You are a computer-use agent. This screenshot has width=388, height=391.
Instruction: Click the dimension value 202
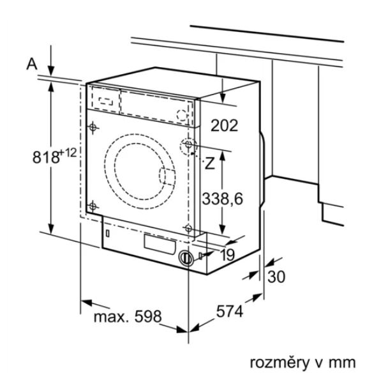[x=225, y=125]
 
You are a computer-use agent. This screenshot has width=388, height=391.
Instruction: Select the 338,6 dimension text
[x=222, y=199]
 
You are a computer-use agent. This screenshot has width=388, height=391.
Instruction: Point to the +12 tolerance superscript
[x=68, y=153]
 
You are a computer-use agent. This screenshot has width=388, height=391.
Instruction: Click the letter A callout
[x=32, y=64]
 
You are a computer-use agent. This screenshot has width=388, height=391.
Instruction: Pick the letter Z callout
[x=209, y=164]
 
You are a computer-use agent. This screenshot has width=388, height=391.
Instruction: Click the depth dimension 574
[x=229, y=311]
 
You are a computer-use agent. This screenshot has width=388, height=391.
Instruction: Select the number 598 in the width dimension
[x=148, y=316]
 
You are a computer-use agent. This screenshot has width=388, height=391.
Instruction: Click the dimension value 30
[x=276, y=277]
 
